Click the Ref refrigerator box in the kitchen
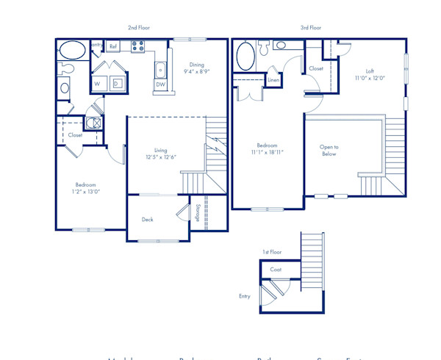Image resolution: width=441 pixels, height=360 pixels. click(x=112, y=46)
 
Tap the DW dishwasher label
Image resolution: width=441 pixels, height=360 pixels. click(x=160, y=84)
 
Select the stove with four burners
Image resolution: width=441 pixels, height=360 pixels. click(x=137, y=46)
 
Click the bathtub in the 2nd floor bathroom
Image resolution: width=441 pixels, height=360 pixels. click(x=71, y=51)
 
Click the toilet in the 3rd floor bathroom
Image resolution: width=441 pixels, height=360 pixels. click(x=281, y=46)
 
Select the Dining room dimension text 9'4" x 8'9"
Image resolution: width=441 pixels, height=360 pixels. click(x=196, y=72)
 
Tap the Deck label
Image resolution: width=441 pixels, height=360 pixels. click(x=147, y=219)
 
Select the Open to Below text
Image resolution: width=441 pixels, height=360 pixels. click(x=329, y=151)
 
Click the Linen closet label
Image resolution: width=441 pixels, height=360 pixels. click(x=273, y=79)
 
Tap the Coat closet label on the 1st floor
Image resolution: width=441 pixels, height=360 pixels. click(x=276, y=270)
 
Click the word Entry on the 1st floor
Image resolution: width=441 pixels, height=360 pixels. click(x=245, y=296)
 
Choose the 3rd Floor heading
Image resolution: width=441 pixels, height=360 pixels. click(x=310, y=28)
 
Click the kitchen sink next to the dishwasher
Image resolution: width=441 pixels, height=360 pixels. click(x=160, y=71)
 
